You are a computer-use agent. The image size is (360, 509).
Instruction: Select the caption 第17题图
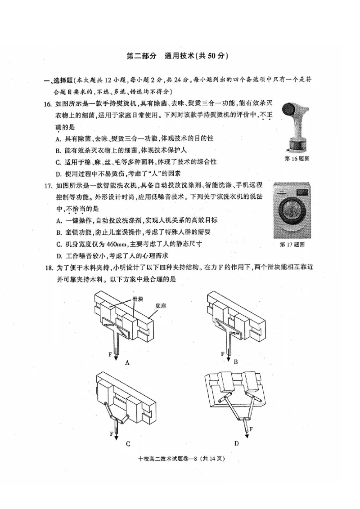click(x=292, y=245)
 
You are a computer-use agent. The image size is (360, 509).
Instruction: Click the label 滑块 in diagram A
click(x=138, y=298)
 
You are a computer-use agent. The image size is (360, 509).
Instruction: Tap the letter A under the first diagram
click(x=127, y=362)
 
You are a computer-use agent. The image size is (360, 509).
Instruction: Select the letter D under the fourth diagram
click(x=235, y=443)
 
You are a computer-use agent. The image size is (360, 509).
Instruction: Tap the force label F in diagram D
click(x=251, y=429)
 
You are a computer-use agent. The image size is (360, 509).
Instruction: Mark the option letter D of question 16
click(x=58, y=174)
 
